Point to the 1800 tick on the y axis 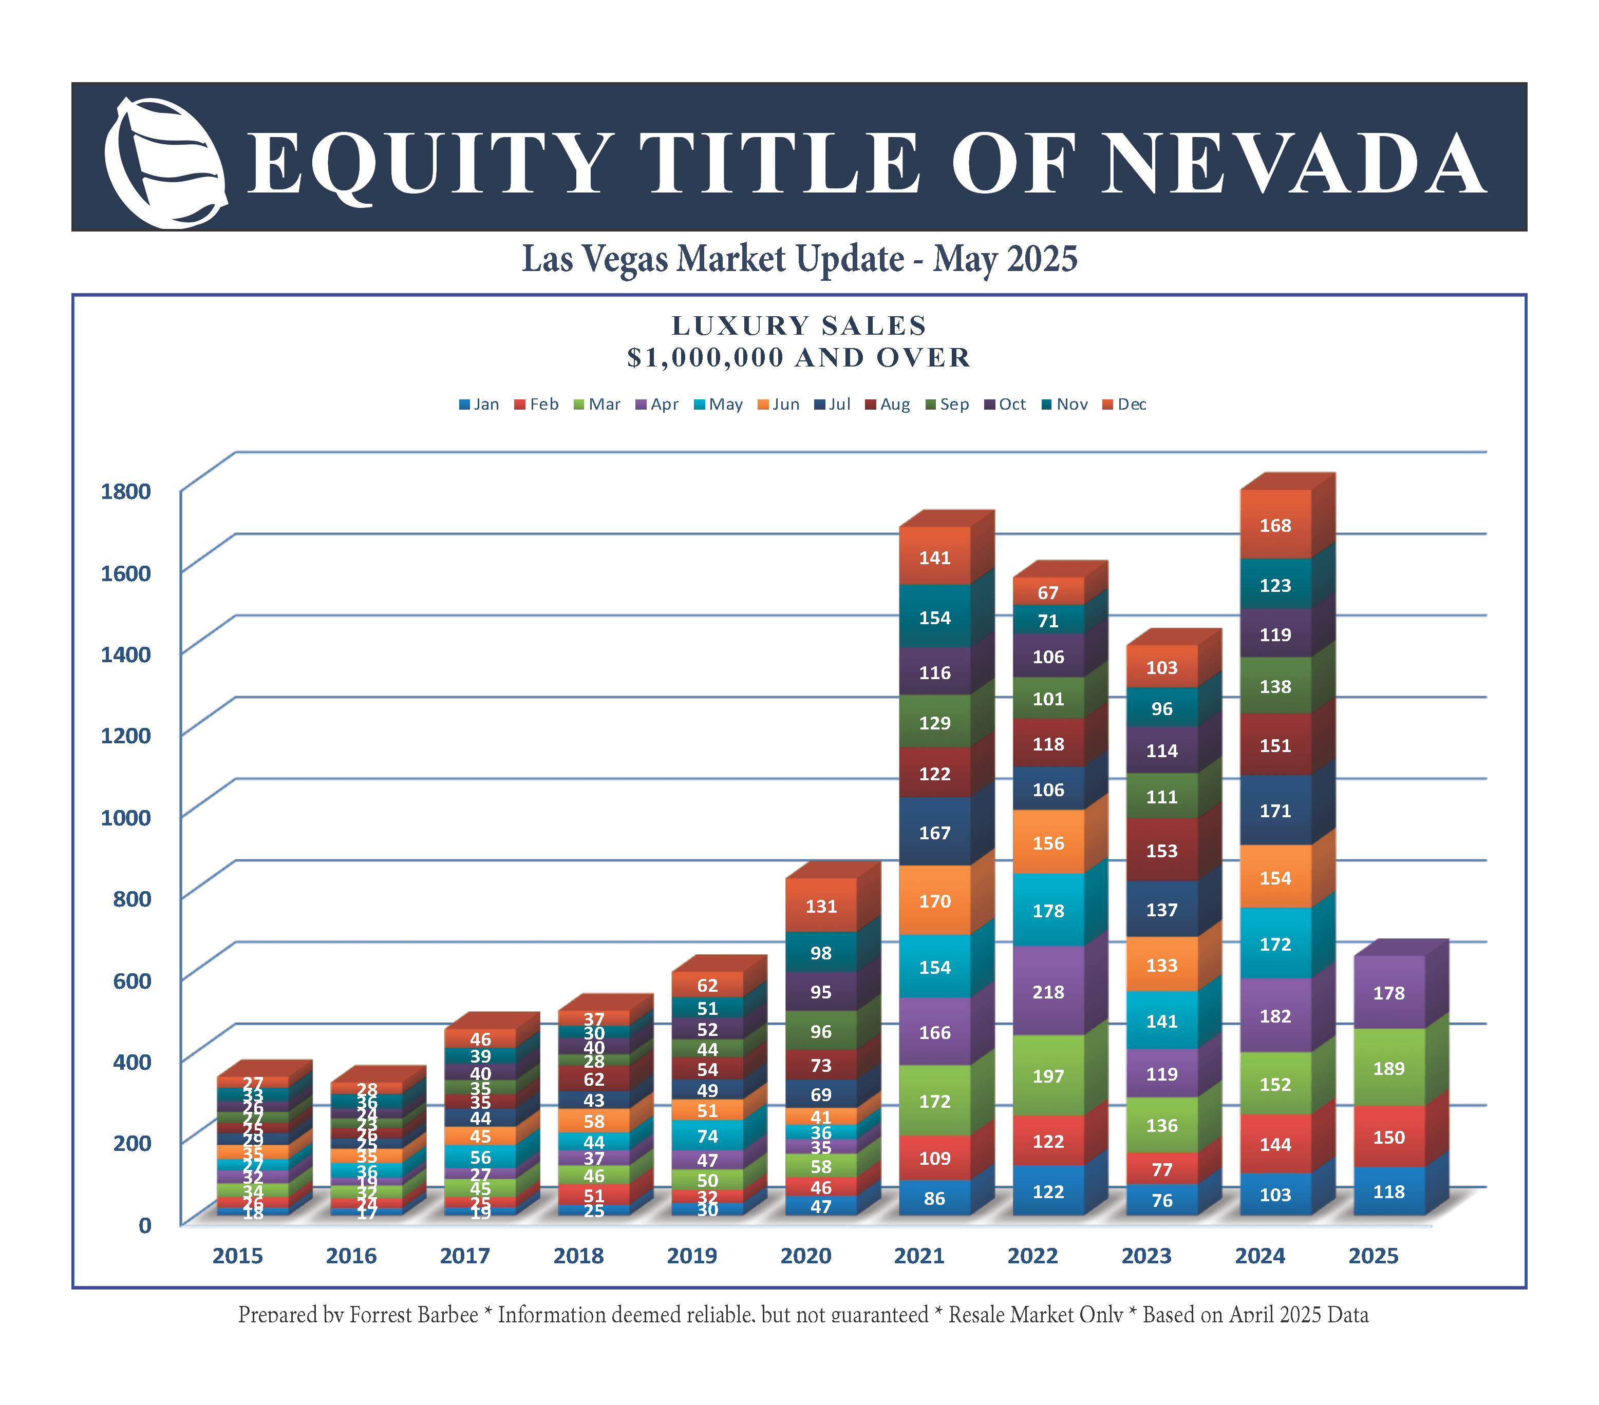tap(125, 491)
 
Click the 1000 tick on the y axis tap(125, 817)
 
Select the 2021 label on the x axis tap(919, 1256)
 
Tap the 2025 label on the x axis tap(1373, 1256)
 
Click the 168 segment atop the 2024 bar tap(1275, 526)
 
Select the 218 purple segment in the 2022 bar tap(1048, 991)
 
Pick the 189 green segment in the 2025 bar tap(1388, 1068)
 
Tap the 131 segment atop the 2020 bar tap(821, 906)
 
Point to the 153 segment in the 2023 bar tap(1162, 851)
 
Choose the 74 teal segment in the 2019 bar tap(707, 1135)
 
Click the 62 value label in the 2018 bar tap(594, 1080)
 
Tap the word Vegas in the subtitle tap(626, 259)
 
